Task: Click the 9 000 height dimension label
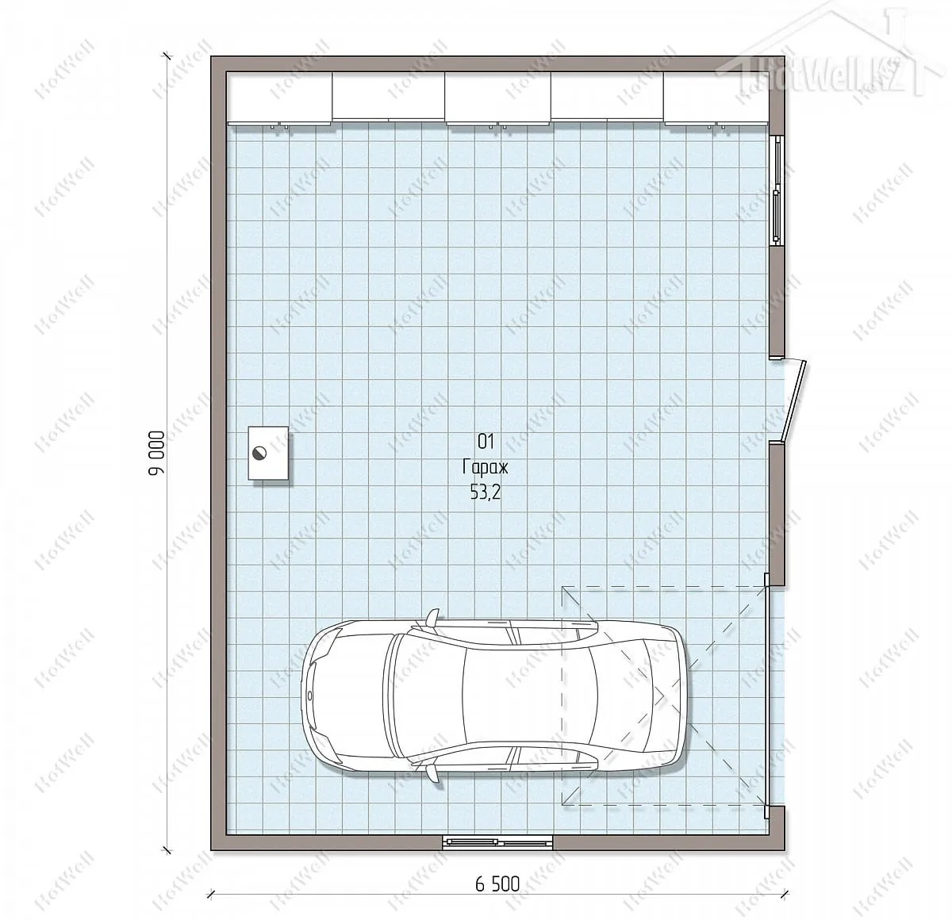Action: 156,453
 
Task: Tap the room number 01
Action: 486,442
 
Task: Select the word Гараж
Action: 486,467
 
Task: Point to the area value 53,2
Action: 486,493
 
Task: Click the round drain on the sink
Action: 259,452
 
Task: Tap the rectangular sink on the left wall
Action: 268,453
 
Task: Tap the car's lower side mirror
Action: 432,774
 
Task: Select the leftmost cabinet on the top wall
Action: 279,97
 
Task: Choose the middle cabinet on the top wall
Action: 498,97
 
